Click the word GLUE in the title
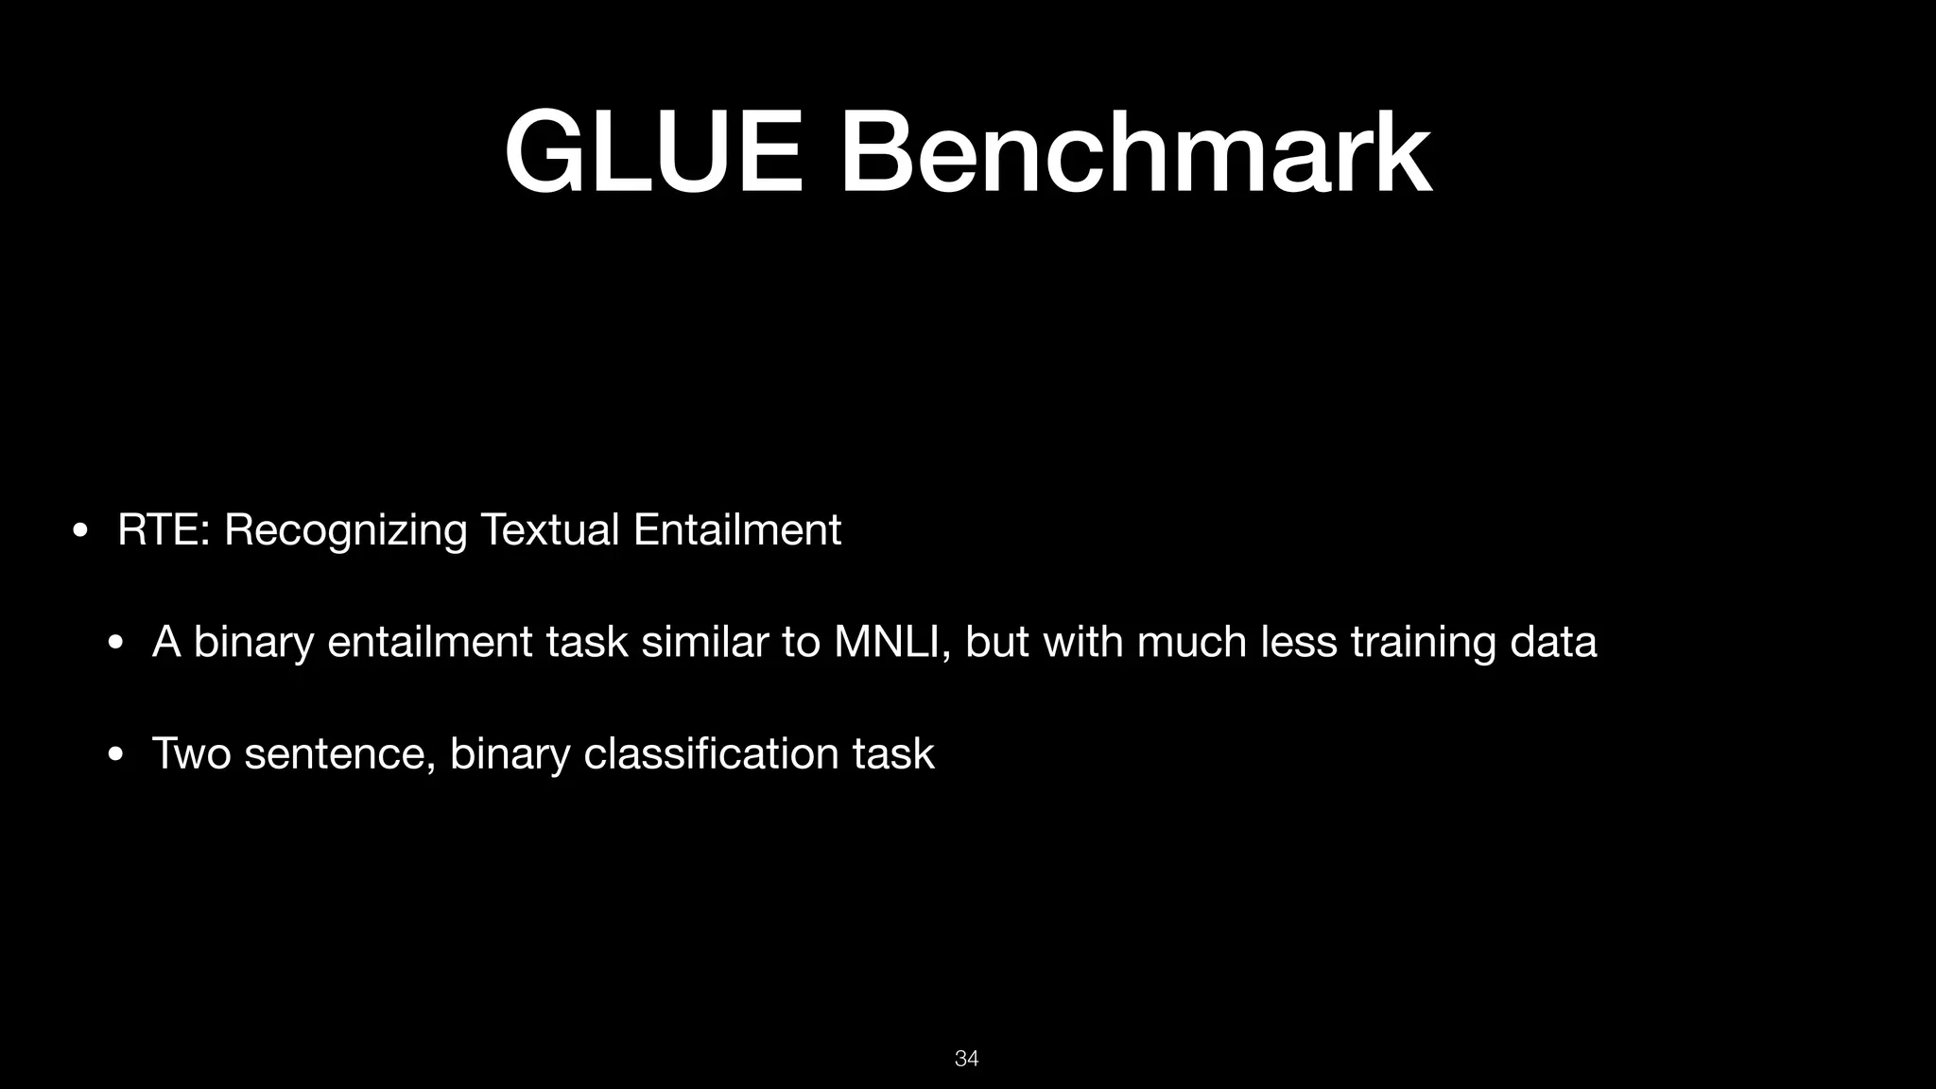point(653,153)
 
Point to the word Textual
point(550,529)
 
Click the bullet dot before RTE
point(80,530)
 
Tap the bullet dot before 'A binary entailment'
point(115,643)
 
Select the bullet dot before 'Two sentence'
point(115,754)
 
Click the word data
point(1553,642)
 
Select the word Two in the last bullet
point(191,753)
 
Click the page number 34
point(967,1059)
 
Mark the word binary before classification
point(510,755)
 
